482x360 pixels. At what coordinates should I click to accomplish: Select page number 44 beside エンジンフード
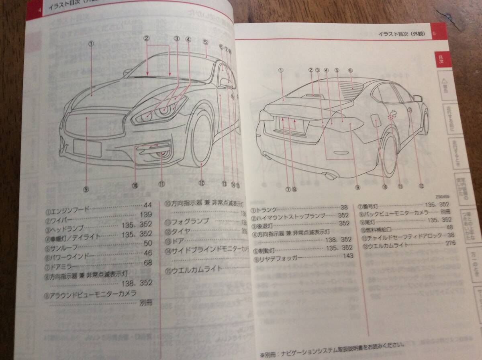point(147,205)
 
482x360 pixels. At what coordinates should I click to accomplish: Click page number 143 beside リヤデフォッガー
point(348,256)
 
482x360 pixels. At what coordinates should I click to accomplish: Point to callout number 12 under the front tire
point(202,182)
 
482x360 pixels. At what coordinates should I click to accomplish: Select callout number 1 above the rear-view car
point(281,70)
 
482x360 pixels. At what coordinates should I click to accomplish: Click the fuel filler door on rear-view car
point(376,121)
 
